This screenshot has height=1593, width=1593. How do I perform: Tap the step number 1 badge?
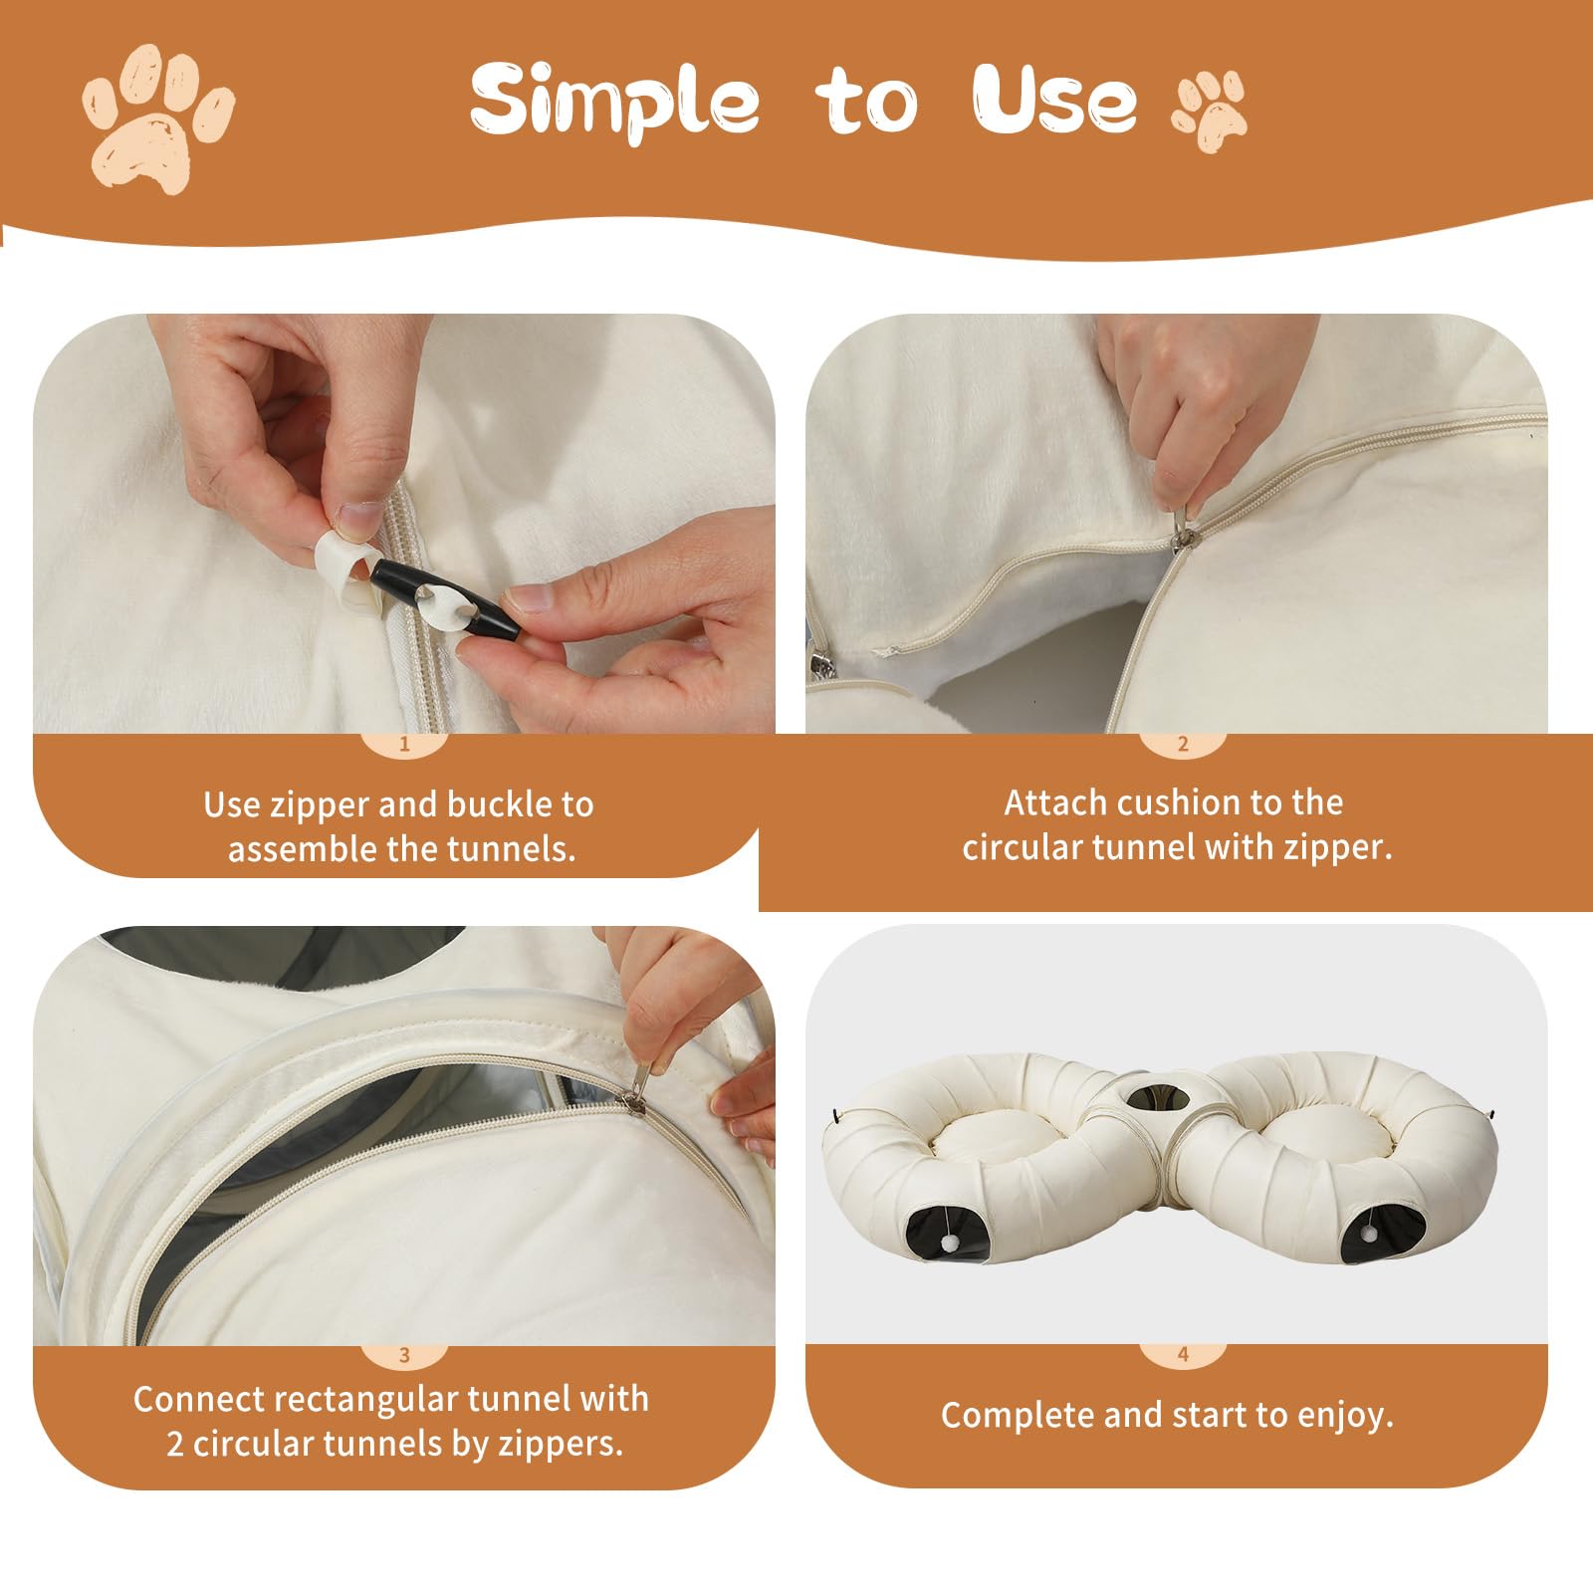click(x=404, y=744)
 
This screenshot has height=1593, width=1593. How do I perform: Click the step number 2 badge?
click(x=1183, y=744)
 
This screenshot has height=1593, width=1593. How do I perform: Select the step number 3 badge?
click(x=404, y=1355)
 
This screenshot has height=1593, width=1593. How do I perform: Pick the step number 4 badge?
click(x=1183, y=1354)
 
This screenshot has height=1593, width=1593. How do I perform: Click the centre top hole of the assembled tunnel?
click(x=1161, y=1096)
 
